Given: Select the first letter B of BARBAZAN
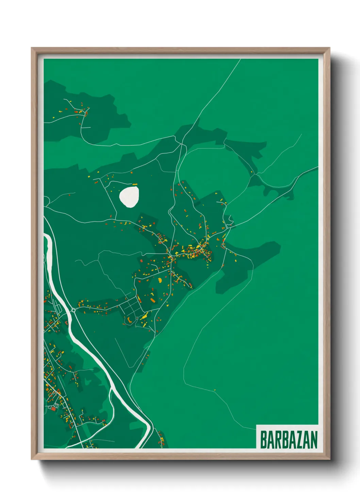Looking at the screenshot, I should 264,440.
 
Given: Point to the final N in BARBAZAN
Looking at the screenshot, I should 314,440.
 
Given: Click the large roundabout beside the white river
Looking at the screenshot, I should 73,310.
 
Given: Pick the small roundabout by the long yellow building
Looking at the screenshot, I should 137,318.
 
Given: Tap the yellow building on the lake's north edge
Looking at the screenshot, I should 135,185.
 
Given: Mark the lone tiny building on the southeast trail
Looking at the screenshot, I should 215,390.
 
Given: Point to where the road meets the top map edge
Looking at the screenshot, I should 240,59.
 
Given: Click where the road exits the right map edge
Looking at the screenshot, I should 317,167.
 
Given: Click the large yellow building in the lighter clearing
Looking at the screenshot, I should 160,280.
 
